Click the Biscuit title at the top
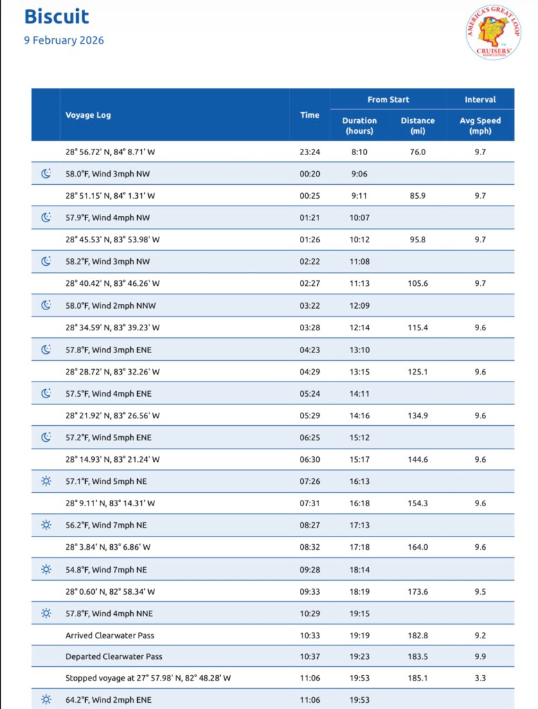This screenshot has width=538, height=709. [x=57, y=17]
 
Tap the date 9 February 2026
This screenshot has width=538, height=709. [x=64, y=40]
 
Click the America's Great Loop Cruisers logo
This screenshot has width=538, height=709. [x=493, y=32]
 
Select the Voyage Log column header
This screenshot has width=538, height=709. [x=88, y=115]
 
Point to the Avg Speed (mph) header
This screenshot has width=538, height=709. [x=480, y=125]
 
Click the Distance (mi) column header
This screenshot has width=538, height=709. [x=418, y=125]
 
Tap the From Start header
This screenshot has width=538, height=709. [x=388, y=100]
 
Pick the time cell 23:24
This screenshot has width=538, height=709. [x=309, y=151]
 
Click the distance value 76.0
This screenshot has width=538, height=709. [x=418, y=151]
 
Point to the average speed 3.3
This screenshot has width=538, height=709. [x=480, y=678]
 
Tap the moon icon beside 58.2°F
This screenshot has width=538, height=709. [x=46, y=261]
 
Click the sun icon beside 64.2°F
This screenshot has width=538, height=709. [x=46, y=700]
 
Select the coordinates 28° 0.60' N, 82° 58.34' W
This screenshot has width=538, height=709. [x=110, y=591]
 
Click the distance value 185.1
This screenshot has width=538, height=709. [x=418, y=678]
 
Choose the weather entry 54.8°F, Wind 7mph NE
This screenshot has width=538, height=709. [x=108, y=569]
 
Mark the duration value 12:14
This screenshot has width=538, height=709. [x=359, y=327]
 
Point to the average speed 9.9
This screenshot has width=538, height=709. [x=480, y=656]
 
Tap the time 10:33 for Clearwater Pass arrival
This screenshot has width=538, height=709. [x=309, y=636]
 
